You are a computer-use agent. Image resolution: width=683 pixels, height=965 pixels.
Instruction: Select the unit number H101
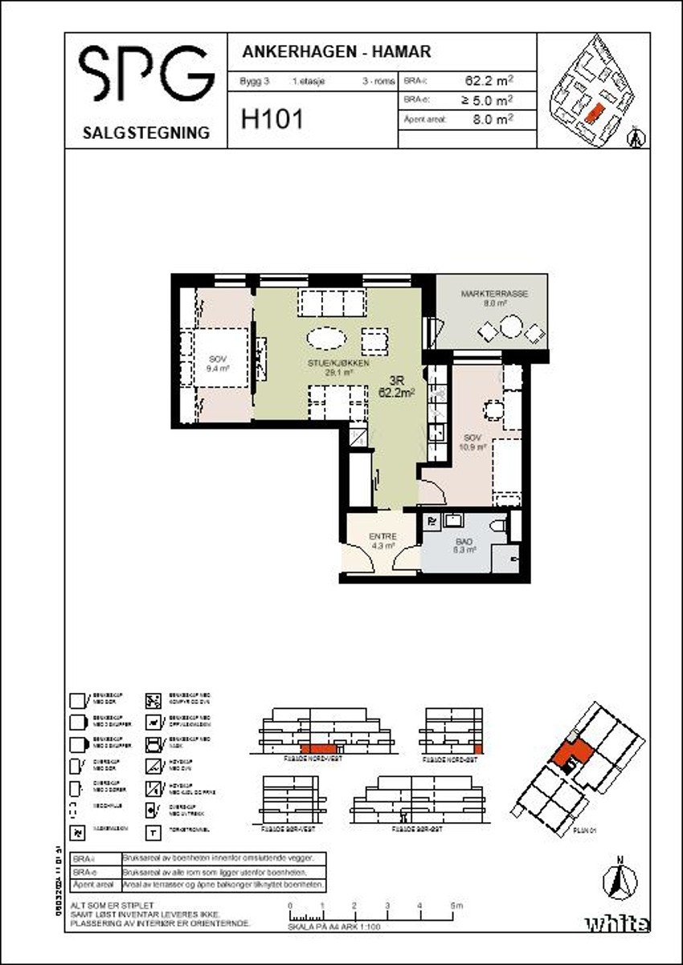(x=272, y=120)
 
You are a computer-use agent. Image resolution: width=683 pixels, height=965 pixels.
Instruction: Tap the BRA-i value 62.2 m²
(x=489, y=80)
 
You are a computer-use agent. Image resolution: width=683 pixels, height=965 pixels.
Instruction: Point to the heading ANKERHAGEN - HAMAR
(x=337, y=52)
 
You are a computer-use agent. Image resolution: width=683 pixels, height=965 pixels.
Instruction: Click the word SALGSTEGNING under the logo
(x=145, y=132)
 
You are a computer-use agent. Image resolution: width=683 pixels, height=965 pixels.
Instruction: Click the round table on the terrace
(x=510, y=328)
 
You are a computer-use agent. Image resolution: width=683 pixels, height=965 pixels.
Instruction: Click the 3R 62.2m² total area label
(x=396, y=388)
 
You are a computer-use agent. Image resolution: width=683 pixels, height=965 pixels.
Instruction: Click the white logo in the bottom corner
(x=616, y=924)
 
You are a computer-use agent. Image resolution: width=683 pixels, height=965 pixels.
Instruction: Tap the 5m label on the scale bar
(x=456, y=906)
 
